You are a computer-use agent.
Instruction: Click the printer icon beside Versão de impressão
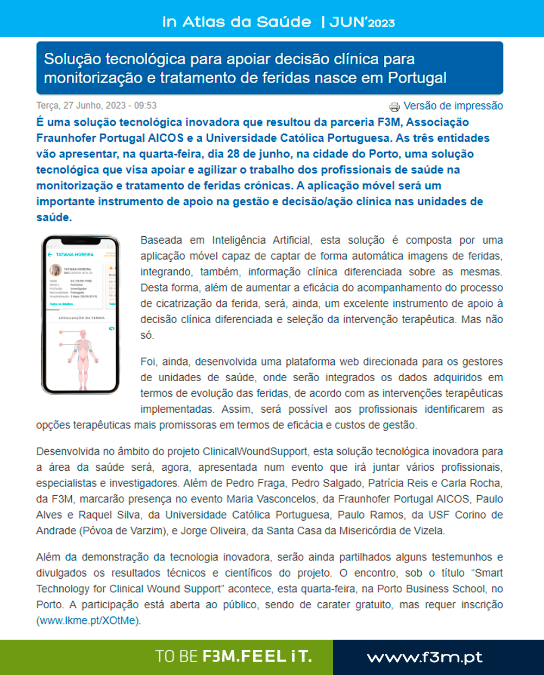coord(394,106)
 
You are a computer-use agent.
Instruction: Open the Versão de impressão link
coord(453,106)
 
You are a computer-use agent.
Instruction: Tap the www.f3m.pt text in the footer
coord(424,657)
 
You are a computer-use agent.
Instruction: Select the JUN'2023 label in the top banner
coord(362,22)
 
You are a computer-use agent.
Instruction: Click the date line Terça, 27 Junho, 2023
coord(96,105)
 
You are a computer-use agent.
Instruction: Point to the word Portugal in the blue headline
coord(417,78)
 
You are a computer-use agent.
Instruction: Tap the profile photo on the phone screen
coord(55,270)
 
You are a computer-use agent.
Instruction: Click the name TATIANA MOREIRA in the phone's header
coord(74,254)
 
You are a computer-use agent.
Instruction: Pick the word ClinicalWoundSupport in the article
coord(255,451)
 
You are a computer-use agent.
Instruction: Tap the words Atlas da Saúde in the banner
coord(247,22)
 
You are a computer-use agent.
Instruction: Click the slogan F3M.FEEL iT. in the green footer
coord(257,657)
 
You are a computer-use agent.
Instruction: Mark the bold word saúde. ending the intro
coord(54,217)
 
